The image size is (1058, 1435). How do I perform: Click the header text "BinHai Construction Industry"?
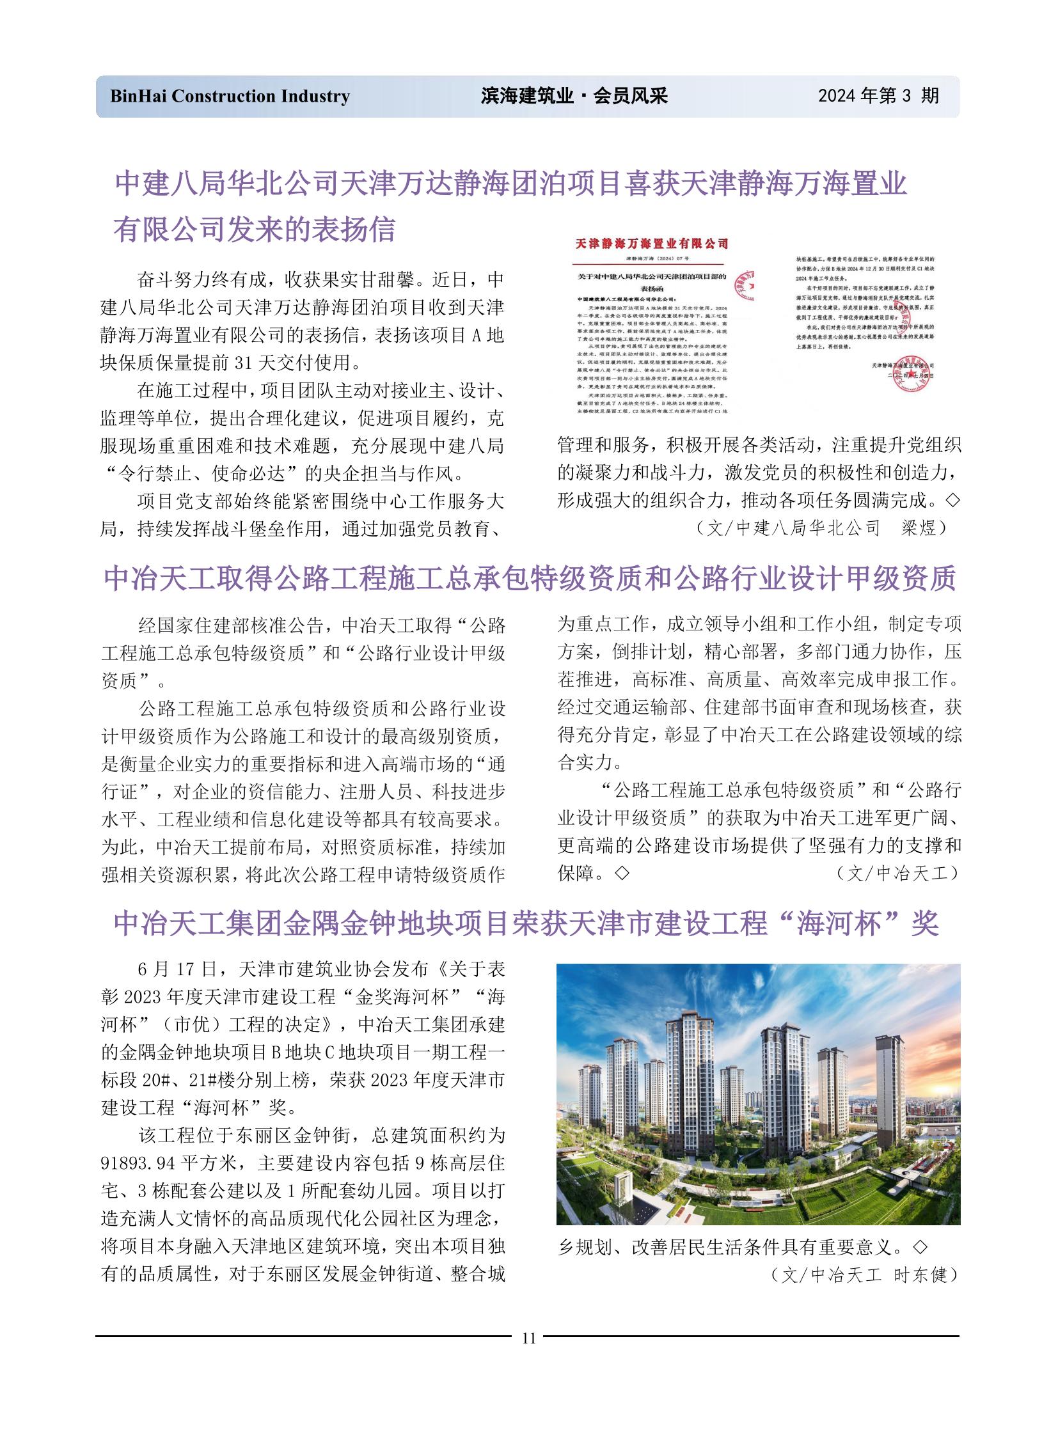230,96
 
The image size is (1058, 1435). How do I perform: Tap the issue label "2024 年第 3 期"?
878,96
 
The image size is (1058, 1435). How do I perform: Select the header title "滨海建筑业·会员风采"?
574,96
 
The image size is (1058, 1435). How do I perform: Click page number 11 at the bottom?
528,1338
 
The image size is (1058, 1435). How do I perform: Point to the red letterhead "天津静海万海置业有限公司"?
651,244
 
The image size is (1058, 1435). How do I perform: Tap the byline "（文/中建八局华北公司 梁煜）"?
821,528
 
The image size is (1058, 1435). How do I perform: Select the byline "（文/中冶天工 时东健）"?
864,1275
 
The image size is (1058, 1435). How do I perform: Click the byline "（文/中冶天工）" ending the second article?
897,874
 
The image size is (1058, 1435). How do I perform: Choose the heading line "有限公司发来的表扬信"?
254,229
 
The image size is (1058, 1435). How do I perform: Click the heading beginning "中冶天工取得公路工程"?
529,578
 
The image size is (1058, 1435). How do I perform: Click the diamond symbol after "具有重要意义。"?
920,1247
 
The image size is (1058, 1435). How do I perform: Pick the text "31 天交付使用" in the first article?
292,363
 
